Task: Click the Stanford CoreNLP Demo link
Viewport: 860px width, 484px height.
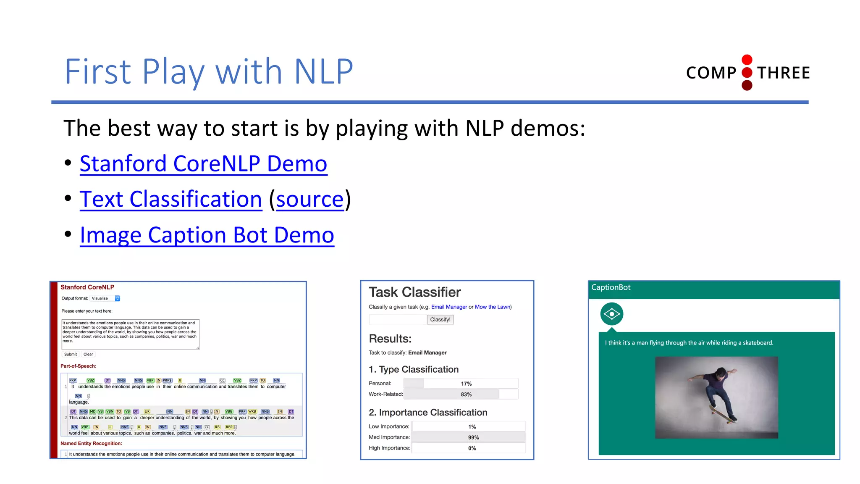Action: pyautogui.click(x=203, y=163)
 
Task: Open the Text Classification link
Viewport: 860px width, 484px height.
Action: pyautogui.click(x=171, y=199)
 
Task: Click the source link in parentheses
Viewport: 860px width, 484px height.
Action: pyautogui.click(x=310, y=199)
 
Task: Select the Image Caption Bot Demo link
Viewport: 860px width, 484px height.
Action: pyautogui.click(x=207, y=235)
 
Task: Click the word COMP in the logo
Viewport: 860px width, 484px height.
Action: pyautogui.click(x=711, y=73)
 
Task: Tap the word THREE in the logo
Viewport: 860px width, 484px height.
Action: pyautogui.click(x=783, y=73)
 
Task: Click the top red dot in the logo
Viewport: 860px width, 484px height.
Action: pyautogui.click(x=747, y=60)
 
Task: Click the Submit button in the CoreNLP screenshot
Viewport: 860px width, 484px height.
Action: pyautogui.click(x=70, y=354)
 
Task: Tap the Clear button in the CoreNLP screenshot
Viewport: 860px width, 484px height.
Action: pyautogui.click(x=88, y=354)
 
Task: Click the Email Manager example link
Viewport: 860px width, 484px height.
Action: pyautogui.click(x=449, y=307)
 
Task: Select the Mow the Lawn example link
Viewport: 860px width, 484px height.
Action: pyautogui.click(x=493, y=307)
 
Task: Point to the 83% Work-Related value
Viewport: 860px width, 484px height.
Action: pyautogui.click(x=466, y=395)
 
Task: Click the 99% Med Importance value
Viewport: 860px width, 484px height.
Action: pyautogui.click(x=473, y=437)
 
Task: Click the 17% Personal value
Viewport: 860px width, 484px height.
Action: pyautogui.click(x=466, y=384)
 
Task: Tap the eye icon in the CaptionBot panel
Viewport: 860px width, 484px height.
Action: pyautogui.click(x=611, y=314)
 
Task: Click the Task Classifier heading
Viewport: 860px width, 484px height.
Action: pyautogui.click(x=414, y=292)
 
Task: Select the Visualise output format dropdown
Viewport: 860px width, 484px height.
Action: pyautogui.click(x=105, y=298)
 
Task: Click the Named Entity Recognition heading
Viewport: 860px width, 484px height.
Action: pyautogui.click(x=91, y=443)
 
